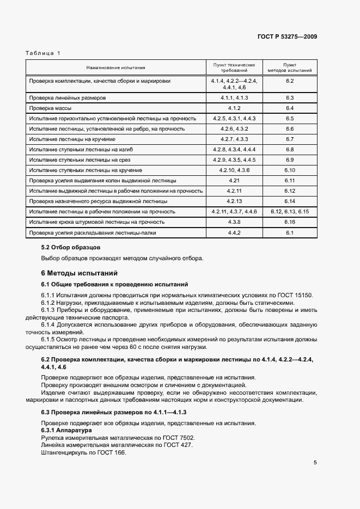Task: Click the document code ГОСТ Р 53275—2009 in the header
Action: (287, 37)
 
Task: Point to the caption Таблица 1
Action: (43, 53)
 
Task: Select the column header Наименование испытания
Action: (115, 68)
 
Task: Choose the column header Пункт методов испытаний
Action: (289, 68)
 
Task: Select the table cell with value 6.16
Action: (289, 222)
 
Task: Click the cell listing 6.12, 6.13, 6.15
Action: (289, 212)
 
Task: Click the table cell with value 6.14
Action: (289, 201)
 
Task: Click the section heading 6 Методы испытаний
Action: (79, 273)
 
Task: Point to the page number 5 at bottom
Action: (315, 463)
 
